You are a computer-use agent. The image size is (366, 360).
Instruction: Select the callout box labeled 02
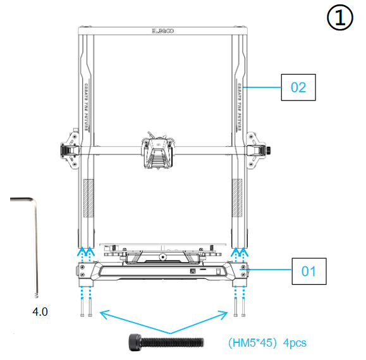coord(298,87)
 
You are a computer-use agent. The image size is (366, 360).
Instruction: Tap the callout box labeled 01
coord(308,273)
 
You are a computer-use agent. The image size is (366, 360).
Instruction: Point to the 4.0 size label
coord(40,312)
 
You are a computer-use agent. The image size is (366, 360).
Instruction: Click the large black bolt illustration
coord(166,342)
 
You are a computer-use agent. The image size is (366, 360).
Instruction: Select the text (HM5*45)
coord(251,343)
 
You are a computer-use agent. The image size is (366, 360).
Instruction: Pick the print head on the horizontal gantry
coord(156,152)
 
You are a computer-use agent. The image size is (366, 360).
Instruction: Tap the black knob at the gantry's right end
coord(270,150)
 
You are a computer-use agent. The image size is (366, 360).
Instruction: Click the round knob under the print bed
coord(163,257)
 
